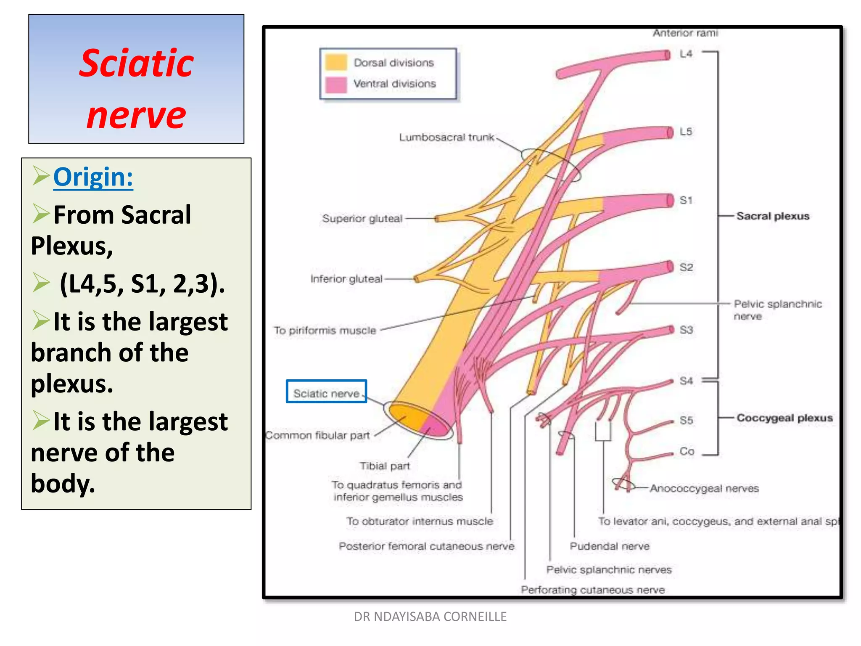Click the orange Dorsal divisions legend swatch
[x=336, y=63]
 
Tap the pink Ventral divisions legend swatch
[x=336, y=84]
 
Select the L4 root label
[x=686, y=54]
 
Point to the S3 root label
[x=686, y=330]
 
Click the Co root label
[x=687, y=451]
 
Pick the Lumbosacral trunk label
[x=446, y=138]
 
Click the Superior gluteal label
[x=362, y=219]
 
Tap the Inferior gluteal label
[x=346, y=279]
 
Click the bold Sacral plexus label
[x=773, y=216]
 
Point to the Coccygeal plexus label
[x=784, y=418]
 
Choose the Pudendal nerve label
[x=610, y=546]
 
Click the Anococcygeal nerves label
[x=704, y=489]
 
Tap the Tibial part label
[x=385, y=466]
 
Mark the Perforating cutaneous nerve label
[x=593, y=590]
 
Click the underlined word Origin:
[x=93, y=177]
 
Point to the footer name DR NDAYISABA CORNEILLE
[x=430, y=617]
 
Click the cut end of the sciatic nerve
[x=419, y=421]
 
